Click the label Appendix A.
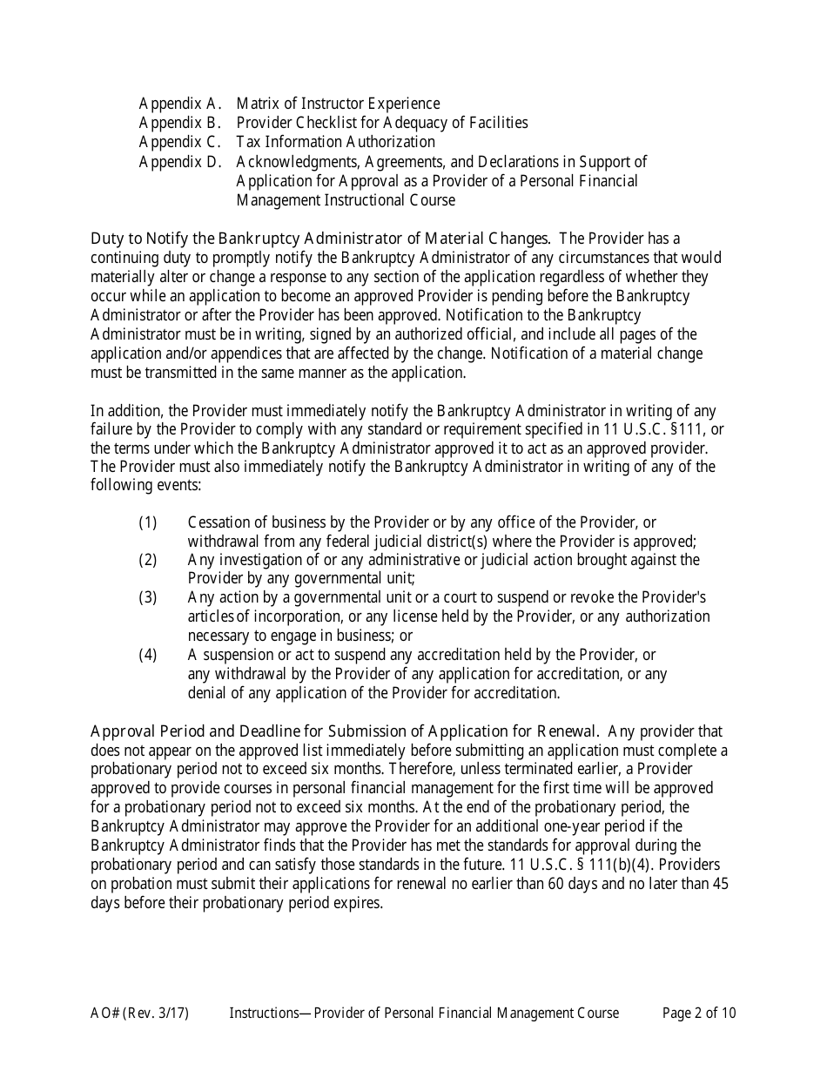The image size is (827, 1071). pyautogui.click(x=180, y=104)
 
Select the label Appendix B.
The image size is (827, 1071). pyautogui.click(x=180, y=124)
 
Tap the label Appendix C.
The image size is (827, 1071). pyautogui.click(x=180, y=142)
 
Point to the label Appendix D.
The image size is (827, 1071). pyautogui.click(x=180, y=162)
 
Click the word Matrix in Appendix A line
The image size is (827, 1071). pyautogui.click(x=257, y=104)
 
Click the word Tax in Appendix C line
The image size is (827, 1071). pyautogui.click(x=249, y=142)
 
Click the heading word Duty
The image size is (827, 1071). pyautogui.click(x=107, y=239)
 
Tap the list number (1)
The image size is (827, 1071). pyautogui.click(x=148, y=522)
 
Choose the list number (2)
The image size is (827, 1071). pyautogui.click(x=148, y=560)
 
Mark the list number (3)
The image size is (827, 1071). pyautogui.click(x=148, y=597)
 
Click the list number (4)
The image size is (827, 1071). pyautogui.click(x=148, y=655)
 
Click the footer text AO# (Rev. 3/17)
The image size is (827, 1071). pyautogui.click(x=139, y=1013)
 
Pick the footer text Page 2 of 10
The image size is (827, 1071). pyautogui.click(x=699, y=1013)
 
